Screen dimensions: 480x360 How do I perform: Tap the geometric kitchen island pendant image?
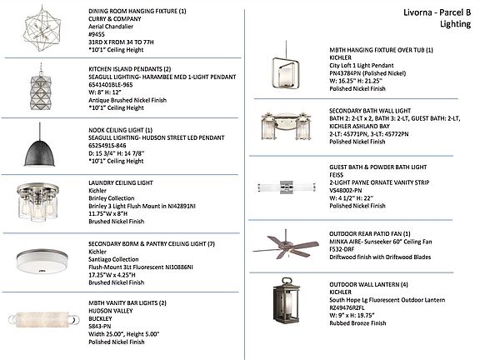point(41,87)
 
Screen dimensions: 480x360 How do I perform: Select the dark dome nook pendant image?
point(39,145)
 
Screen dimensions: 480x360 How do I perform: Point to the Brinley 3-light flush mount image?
point(38,202)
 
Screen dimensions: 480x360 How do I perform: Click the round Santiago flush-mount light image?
point(42,261)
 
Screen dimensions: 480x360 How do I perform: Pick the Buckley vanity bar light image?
point(42,320)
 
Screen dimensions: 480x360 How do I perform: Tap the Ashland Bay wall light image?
point(286,126)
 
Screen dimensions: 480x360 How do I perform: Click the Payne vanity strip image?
point(286,187)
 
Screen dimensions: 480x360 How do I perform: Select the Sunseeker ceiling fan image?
point(286,245)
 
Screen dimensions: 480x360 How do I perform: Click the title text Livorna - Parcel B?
point(437,12)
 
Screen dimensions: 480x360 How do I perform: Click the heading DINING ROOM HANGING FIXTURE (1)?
point(137,11)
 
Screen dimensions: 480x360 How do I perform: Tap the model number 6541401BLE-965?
point(111,85)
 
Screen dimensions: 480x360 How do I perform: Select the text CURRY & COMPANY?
point(115,18)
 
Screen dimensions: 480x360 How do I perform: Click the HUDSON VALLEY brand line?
point(111,311)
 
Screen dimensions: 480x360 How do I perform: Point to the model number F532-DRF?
point(342,249)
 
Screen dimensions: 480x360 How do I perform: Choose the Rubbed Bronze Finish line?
point(357,323)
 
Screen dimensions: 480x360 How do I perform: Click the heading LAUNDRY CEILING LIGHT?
point(121,182)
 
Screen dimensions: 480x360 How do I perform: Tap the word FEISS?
point(337,175)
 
